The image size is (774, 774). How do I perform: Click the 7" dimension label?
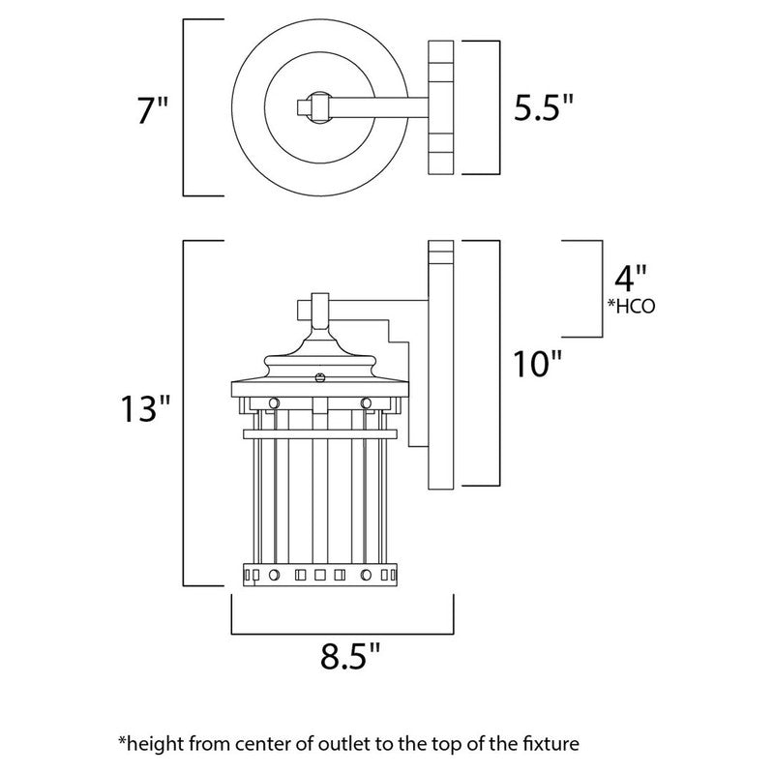pyautogui.click(x=153, y=110)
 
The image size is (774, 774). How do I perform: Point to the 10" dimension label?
pyautogui.click(x=536, y=365)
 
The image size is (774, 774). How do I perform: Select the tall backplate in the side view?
pyautogui.click(x=441, y=368)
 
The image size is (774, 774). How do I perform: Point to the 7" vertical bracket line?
pyautogui.click(x=185, y=106)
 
